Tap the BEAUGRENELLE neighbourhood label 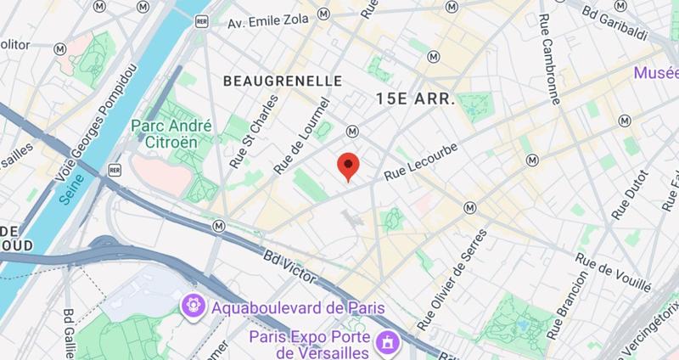point(282,81)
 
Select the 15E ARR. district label point(415,98)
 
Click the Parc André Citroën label point(171,134)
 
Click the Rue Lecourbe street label point(421,160)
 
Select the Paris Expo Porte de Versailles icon point(390,343)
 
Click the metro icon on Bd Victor point(220,226)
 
